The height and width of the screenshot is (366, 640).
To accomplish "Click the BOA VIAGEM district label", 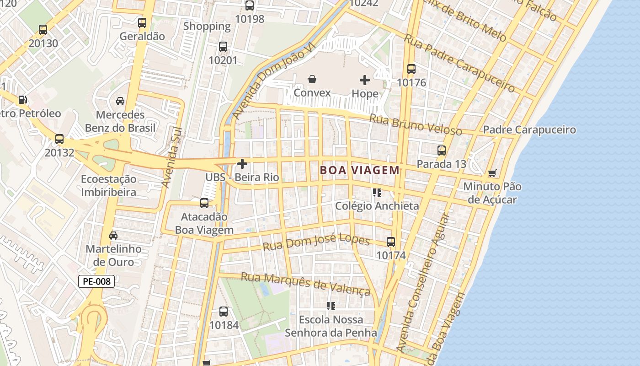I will click(x=360, y=171).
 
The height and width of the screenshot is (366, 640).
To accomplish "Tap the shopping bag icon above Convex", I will click(x=312, y=80).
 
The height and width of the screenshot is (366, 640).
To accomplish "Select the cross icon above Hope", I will click(x=365, y=80).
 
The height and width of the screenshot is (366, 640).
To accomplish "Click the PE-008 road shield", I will click(x=96, y=281).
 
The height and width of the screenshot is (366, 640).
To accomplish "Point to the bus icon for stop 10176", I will click(x=411, y=69).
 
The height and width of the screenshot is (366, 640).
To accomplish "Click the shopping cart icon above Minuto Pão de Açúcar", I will click(x=492, y=173).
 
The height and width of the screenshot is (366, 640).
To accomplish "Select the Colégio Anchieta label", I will click(x=377, y=206).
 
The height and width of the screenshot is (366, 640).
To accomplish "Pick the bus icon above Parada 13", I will click(x=442, y=151).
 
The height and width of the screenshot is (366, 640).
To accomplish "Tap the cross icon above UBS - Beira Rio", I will click(x=242, y=164).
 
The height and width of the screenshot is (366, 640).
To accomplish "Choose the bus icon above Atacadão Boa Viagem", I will click(x=204, y=203).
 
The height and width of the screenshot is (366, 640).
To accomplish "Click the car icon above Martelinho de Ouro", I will click(x=113, y=236).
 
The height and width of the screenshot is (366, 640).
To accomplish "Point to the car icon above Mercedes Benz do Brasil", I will click(x=120, y=101).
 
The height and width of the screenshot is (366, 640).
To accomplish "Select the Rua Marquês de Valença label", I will click(x=305, y=284).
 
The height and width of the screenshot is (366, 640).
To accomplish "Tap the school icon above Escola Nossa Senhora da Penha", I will click(x=331, y=306).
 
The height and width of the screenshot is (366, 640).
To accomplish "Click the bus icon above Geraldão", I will click(x=142, y=23).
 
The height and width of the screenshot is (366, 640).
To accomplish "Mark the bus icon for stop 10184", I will click(x=224, y=312).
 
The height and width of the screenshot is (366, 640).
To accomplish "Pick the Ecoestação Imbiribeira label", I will click(x=109, y=185).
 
